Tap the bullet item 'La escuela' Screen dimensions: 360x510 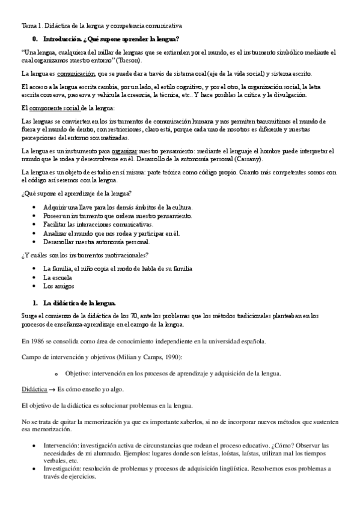(58, 278)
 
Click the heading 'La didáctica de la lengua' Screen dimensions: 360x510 (79, 303)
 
